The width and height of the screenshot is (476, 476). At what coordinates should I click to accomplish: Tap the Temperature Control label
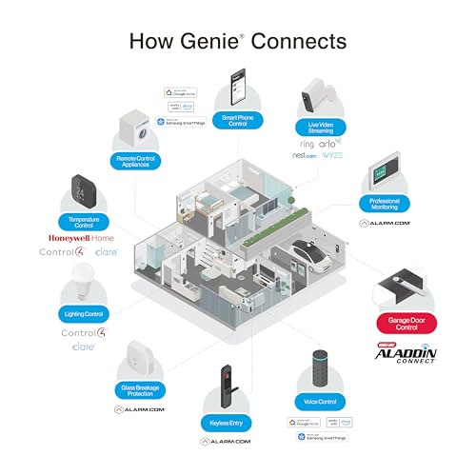(x=86, y=221)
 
